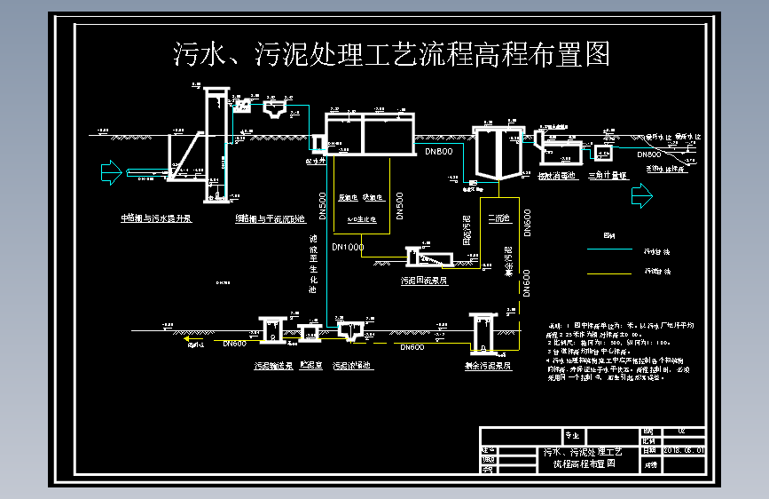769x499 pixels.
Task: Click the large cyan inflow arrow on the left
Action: [110, 171]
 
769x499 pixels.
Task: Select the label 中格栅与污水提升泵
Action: [156, 218]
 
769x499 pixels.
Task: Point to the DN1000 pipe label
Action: [348, 247]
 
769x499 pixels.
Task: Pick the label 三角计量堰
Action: [608, 177]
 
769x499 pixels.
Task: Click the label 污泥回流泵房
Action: [424, 279]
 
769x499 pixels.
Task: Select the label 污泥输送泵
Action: [273, 365]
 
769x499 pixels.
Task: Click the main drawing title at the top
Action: [391, 55]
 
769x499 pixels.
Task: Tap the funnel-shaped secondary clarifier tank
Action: [498, 154]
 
